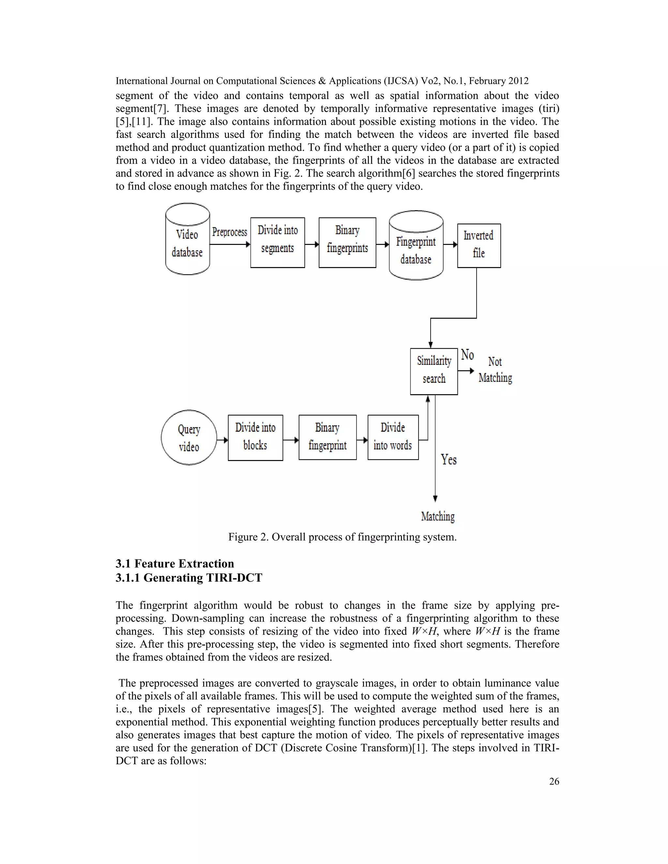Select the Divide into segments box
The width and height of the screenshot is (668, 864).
pyautogui.click(x=278, y=243)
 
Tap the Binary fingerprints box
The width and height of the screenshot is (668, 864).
pyautogui.click(x=347, y=243)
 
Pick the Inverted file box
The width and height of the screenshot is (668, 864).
pyautogui.click(x=478, y=246)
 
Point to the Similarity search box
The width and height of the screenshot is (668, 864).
pyautogui.click(x=434, y=371)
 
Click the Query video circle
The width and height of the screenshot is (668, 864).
pyautogui.click(x=189, y=438)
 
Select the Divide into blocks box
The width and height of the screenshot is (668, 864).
pyautogui.click(x=255, y=438)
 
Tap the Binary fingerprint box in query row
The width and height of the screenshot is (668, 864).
pyautogui.click(x=327, y=437)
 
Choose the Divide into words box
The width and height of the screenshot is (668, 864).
pyautogui.click(x=393, y=437)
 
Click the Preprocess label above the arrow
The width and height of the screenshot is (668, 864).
pyautogui.click(x=230, y=232)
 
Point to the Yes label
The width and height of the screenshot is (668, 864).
pyautogui.click(x=449, y=460)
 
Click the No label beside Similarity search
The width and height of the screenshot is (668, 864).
pyautogui.click(x=467, y=355)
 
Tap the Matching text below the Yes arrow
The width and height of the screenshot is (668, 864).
pyautogui.click(x=438, y=516)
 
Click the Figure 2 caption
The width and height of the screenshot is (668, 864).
pyautogui.click(x=342, y=537)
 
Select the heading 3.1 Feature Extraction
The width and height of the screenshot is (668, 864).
pyautogui.click(x=175, y=563)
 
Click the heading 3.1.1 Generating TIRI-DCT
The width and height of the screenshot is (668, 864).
pyautogui.click(x=189, y=578)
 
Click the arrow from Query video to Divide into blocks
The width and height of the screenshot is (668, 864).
pyautogui.click(x=222, y=440)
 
